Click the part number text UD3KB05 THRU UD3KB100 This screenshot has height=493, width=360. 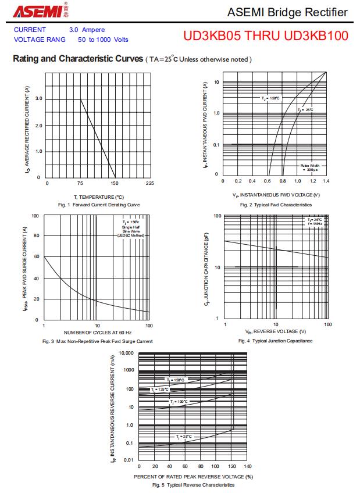[x=266, y=36]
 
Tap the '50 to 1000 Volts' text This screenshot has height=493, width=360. [x=103, y=40]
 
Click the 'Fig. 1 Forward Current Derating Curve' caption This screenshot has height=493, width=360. [x=99, y=205]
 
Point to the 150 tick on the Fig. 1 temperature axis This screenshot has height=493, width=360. [x=115, y=183]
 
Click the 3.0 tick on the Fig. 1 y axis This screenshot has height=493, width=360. [x=38, y=99]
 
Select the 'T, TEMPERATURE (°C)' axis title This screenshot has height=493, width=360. [x=99, y=197]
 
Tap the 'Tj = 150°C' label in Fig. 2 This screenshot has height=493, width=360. [x=270, y=98]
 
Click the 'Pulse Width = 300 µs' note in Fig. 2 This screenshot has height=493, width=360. [x=309, y=167]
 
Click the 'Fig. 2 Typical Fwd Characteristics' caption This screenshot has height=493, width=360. [x=276, y=205]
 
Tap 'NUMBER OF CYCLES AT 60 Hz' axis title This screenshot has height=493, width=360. [x=98, y=331]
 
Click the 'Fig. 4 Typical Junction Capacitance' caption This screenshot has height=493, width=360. [x=275, y=341]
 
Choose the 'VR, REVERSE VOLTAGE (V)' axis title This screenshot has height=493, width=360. [x=276, y=331]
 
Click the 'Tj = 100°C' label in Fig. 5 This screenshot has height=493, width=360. [x=179, y=402]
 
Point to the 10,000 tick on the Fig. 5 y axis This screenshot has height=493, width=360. [x=126, y=353]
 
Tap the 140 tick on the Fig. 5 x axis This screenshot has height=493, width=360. [x=248, y=466]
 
